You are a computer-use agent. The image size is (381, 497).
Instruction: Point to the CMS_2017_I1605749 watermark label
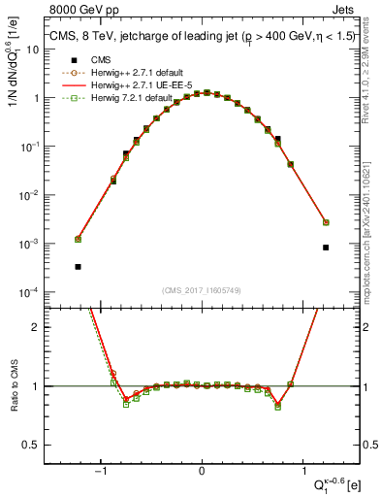(x=202, y=290)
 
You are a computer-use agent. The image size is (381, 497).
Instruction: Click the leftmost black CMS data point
(x=78, y=266)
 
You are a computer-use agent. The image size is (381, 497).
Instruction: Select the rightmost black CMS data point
(x=326, y=248)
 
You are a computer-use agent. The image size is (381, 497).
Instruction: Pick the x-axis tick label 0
(x=202, y=471)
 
